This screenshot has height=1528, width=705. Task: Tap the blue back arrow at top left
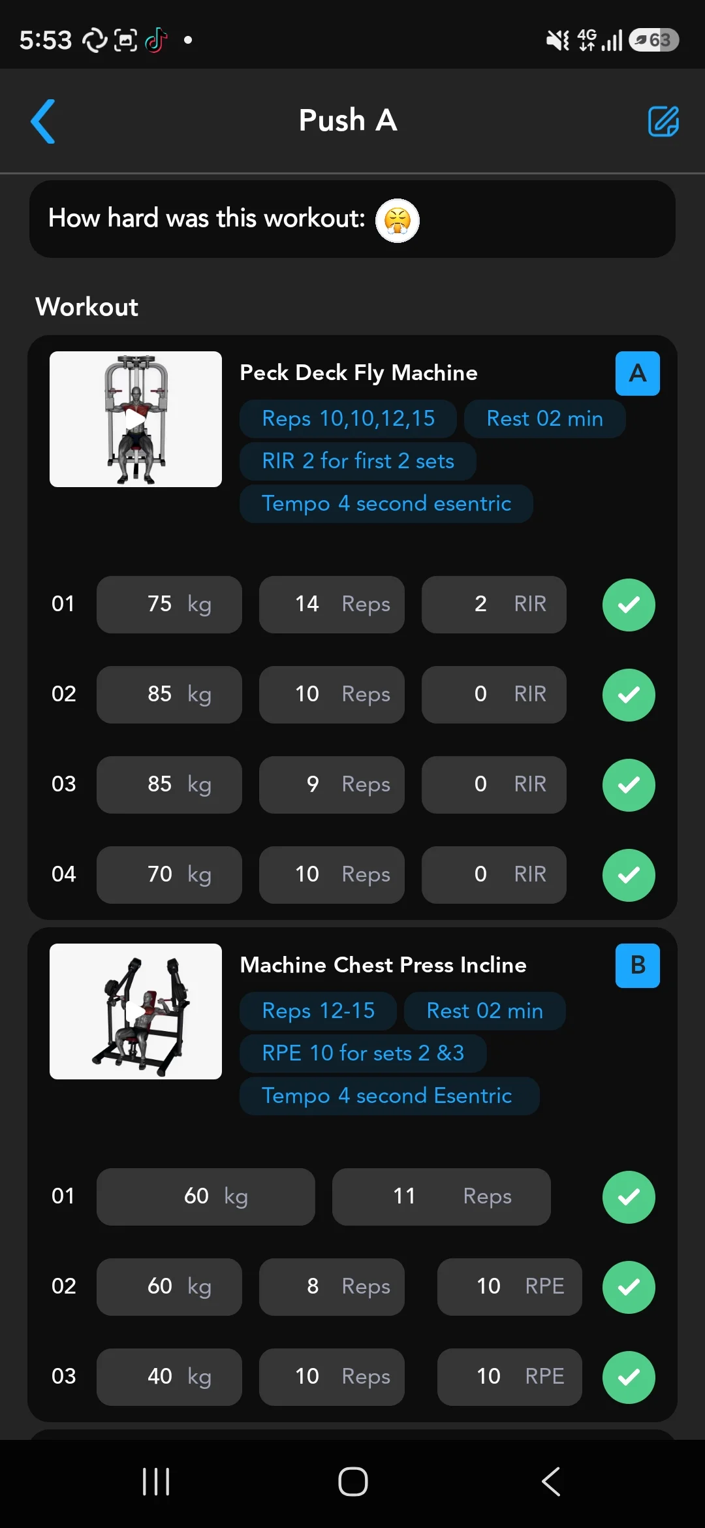(43, 121)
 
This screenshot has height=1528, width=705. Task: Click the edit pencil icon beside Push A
(663, 121)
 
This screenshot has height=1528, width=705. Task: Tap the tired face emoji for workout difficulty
(398, 220)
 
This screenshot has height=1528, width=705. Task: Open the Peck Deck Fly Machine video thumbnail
(136, 419)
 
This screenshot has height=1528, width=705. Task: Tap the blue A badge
(638, 374)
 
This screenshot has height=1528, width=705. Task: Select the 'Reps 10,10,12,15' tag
(348, 419)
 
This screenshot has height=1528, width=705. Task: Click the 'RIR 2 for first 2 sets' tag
(358, 461)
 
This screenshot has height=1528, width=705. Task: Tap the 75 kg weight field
(169, 605)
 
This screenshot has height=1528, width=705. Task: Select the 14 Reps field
(332, 605)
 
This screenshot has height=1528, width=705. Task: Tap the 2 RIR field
(494, 605)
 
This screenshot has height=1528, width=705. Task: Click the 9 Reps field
(332, 785)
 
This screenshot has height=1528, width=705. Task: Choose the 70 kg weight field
(169, 875)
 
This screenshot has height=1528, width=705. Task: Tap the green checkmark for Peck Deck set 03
(629, 785)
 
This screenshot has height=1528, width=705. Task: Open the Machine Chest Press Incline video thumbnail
(136, 1011)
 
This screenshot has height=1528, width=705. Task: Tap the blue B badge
(638, 966)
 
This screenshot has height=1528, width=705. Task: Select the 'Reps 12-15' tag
(318, 1011)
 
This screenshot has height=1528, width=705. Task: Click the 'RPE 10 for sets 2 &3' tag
(363, 1053)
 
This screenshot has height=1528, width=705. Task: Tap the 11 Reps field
(441, 1197)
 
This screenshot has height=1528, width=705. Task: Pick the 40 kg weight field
(169, 1377)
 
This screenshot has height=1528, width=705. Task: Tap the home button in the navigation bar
(353, 1482)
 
